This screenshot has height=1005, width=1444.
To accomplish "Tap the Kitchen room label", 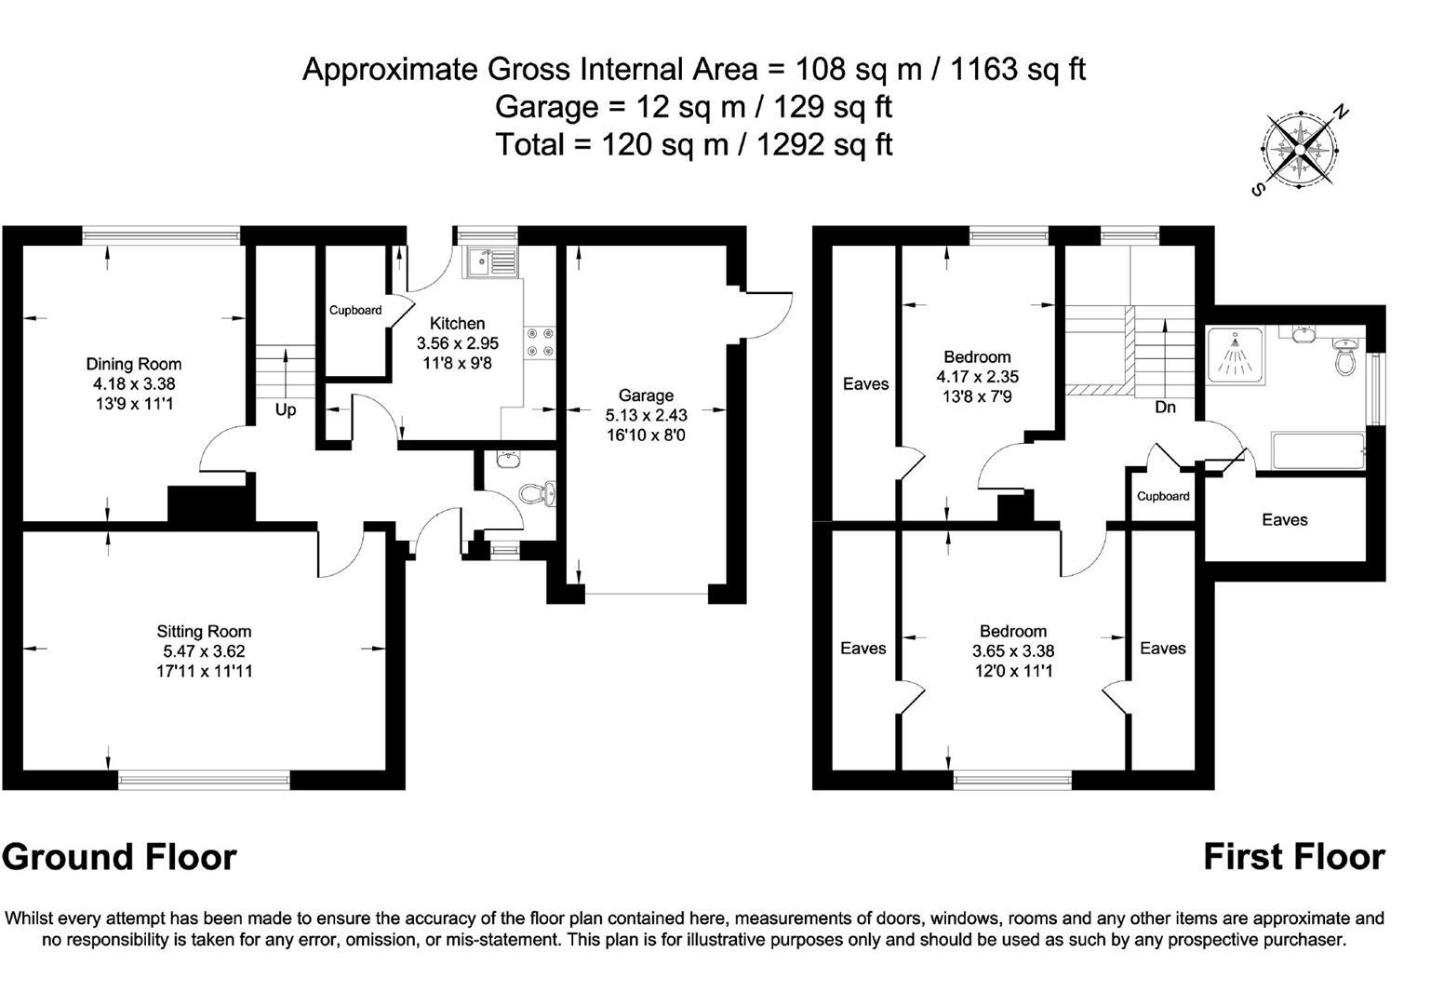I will click(x=457, y=324).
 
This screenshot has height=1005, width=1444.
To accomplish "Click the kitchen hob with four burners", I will click(x=541, y=342).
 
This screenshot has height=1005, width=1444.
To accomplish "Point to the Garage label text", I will click(x=645, y=395).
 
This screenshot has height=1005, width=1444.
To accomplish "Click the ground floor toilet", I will click(x=538, y=492).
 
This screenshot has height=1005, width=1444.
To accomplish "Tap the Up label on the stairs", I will click(x=286, y=409).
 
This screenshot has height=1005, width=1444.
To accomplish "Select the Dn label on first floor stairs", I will click(x=1165, y=408).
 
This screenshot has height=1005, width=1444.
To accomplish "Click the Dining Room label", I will click(x=134, y=364).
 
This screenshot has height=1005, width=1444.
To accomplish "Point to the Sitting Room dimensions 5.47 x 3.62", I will click(x=204, y=651).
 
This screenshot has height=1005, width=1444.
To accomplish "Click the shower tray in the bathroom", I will click(x=1235, y=354).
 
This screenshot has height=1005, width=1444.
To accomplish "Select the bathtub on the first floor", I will click(x=1317, y=451).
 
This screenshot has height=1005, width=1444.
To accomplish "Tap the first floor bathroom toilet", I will click(x=1344, y=358).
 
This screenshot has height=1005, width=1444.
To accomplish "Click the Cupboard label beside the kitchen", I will click(x=355, y=310).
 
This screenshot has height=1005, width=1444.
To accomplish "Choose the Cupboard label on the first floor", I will click(x=1163, y=496).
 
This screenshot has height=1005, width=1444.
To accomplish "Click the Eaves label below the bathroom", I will click(x=1284, y=520).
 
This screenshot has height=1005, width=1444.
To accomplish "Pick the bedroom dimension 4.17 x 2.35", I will click(x=977, y=377).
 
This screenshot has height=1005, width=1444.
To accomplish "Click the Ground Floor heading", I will click(x=119, y=856).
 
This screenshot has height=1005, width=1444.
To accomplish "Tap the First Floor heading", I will click(x=1293, y=856).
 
